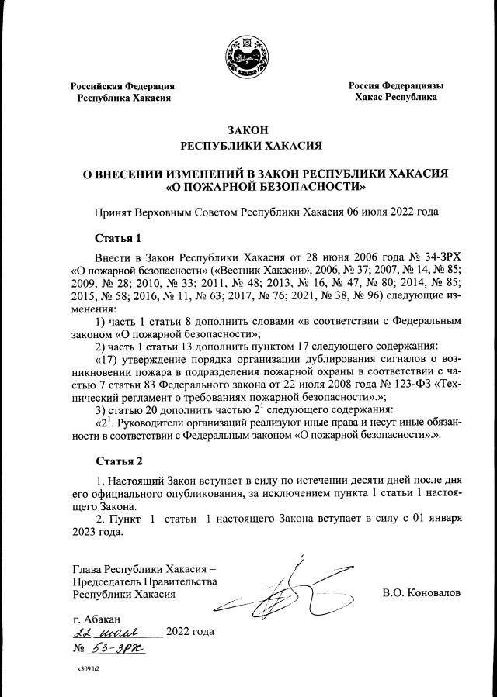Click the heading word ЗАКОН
point(248,129)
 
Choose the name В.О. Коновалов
point(422,593)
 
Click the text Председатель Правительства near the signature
point(144,581)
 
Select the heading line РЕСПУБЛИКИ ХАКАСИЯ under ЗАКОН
point(248,145)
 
